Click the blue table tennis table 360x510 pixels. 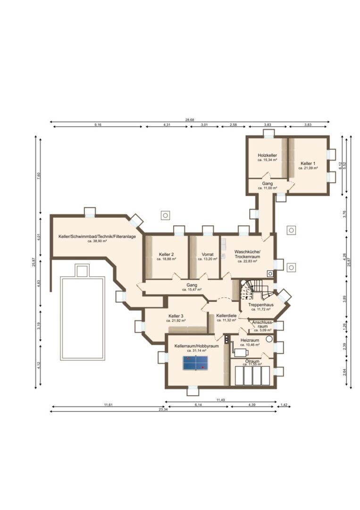click(x=195, y=363)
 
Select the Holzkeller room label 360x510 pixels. click(x=267, y=155)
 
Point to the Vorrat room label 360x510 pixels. click(x=208, y=254)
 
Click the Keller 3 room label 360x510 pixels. click(x=176, y=316)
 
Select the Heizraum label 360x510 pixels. click(x=250, y=340)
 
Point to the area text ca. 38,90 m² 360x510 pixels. click(x=97, y=241)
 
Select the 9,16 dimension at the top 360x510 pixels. click(x=98, y=125)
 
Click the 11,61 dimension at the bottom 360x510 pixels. click(x=108, y=405)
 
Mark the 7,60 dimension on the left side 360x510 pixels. click(x=39, y=175)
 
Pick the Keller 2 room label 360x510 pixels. click(x=167, y=254)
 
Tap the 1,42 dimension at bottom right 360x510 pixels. click(x=284, y=405)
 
